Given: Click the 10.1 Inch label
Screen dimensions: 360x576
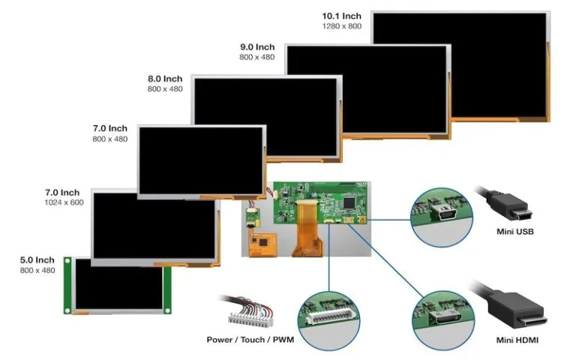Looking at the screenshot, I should click(342, 16).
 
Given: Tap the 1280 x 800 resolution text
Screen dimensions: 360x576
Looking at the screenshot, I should click(342, 26).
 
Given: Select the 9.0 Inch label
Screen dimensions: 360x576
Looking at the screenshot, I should click(257, 47).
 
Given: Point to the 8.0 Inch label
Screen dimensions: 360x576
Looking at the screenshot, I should click(165, 79).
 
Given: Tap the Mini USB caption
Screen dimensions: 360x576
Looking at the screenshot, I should click(514, 232).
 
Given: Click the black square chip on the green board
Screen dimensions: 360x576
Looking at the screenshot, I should click(351, 203).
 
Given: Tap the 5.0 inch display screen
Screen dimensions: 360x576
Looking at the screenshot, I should click(119, 285).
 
